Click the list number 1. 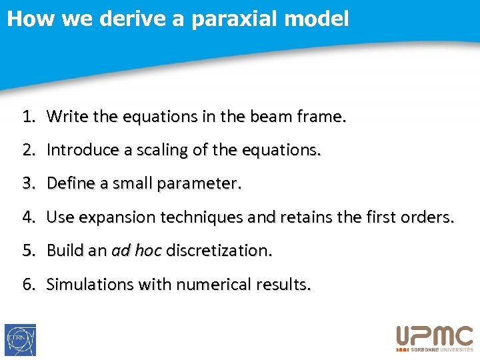tap(28, 117)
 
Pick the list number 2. tap(28, 151)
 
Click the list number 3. tap(28, 183)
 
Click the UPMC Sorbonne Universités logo tap(435, 338)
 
